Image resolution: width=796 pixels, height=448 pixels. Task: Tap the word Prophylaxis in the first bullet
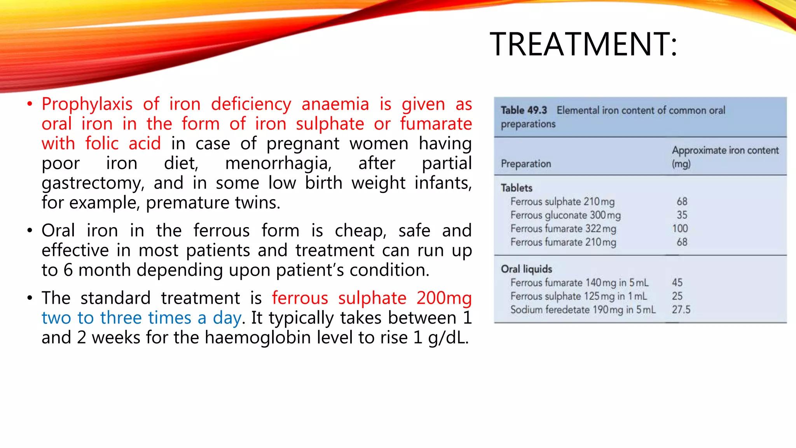tap(87, 104)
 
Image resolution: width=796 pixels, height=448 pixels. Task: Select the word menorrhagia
tap(278, 163)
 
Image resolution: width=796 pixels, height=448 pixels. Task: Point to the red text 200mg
tap(444, 298)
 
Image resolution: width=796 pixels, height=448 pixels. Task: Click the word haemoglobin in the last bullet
tap(258, 338)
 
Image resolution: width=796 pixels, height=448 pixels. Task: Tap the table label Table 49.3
tap(524, 110)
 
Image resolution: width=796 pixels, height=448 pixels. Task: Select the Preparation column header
tap(526, 164)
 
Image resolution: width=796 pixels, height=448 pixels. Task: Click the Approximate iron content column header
tap(725, 150)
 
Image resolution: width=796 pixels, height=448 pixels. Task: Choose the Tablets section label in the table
tap(516, 188)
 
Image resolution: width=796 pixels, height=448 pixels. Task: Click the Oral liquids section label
tap(526, 269)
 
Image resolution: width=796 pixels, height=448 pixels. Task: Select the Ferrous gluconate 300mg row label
tap(565, 215)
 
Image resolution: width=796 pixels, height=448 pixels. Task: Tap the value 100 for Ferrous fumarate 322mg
tap(680, 229)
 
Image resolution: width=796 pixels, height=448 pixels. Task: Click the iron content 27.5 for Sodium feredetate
tap(681, 310)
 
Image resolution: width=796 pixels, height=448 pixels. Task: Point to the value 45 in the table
tap(677, 283)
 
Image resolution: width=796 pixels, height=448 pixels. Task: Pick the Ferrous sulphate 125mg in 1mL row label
tap(578, 296)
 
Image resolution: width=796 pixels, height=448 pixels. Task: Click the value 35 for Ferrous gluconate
tap(682, 215)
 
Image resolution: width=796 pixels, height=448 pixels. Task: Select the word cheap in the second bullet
tap(360, 231)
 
